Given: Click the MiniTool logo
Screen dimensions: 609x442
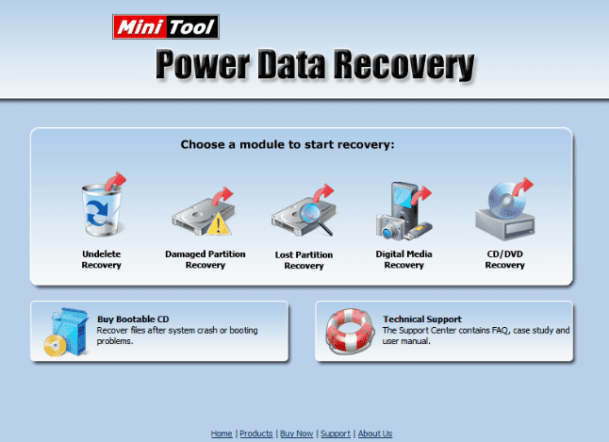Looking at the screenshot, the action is point(166,26).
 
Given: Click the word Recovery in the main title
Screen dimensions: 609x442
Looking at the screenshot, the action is point(404,65).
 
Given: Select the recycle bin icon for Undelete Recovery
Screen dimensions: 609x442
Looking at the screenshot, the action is point(102,209).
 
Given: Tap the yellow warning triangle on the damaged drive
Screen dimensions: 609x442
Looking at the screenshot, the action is point(219,224).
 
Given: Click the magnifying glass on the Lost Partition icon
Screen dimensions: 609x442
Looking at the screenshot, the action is point(316,219).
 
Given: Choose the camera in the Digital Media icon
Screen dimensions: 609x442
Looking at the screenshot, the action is point(390,226).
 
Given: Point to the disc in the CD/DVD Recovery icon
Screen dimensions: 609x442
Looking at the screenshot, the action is point(506,201).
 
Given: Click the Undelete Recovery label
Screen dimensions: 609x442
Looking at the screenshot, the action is point(102,259).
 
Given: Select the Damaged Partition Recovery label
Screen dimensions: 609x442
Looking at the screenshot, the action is point(206,259).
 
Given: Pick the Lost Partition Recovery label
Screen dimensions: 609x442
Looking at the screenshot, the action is point(304,260).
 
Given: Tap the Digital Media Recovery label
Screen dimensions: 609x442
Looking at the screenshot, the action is point(403,259).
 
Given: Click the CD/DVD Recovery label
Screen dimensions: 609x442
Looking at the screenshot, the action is point(505,259).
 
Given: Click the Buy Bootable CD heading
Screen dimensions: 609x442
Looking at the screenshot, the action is point(133,319).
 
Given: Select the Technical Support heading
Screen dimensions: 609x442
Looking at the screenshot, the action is point(422,319).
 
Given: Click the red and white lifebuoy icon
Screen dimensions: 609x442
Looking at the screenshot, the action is point(350,331).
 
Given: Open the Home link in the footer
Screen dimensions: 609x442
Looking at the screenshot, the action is point(222,434).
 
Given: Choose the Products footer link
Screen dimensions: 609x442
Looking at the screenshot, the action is point(256,434).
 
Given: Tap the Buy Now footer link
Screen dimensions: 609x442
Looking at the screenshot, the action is point(296,434).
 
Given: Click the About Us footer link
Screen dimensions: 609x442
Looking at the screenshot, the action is point(375,434).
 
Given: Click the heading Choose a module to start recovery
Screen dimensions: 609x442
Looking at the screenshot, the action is point(288,145).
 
